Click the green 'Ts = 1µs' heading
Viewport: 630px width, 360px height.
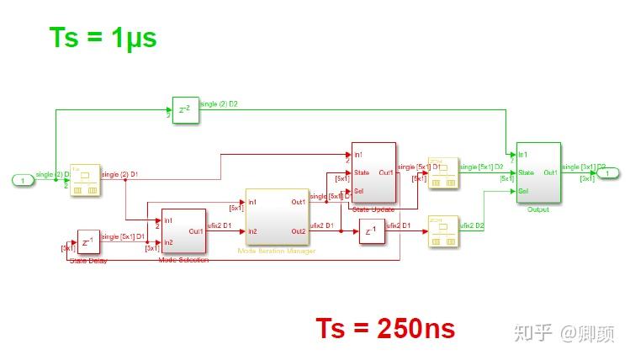click(x=103, y=37)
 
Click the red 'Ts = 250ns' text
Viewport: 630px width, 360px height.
click(x=385, y=327)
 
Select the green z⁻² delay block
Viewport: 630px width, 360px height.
click(x=186, y=109)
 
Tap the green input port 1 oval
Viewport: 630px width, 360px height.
click(x=23, y=179)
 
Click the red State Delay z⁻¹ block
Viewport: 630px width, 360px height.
click(x=88, y=241)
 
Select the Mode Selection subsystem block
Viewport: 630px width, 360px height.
click(x=183, y=230)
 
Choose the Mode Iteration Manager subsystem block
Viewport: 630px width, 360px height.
click(x=276, y=217)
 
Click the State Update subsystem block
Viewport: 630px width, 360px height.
click(x=373, y=172)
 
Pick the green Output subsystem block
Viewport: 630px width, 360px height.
click(x=538, y=172)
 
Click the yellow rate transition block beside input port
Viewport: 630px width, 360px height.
click(x=84, y=180)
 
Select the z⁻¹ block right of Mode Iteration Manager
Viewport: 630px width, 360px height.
click(x=371, y=231)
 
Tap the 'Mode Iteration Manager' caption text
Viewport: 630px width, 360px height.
click(x=277, y=251)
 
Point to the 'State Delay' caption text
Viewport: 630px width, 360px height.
click(x=88, y=260)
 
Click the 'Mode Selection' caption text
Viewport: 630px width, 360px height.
click(x=183, y=260)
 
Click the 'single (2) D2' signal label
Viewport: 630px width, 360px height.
click(x=220, y=104)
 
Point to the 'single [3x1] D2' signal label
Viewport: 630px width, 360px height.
click(x=581, y=167)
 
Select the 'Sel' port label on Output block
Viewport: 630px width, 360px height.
click(x=523, y=191)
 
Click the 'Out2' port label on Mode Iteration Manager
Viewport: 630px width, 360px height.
click(x=299, y=231)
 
